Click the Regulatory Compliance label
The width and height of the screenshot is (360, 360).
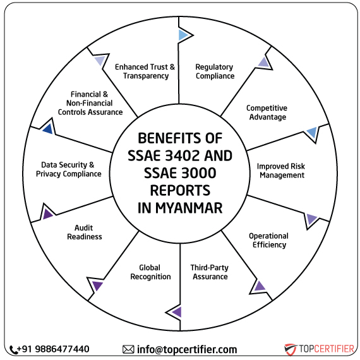point(214,71)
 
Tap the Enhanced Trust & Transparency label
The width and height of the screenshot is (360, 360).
point(145,71)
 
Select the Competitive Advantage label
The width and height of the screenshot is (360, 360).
point(267,112)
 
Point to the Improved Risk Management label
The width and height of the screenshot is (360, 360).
point(280,171)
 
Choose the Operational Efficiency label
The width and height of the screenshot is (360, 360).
point(268,240)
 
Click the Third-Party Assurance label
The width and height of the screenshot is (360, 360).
point(210,272)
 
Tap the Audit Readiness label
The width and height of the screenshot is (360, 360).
point(88,232)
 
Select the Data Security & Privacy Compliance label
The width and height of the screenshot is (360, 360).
point(68,169)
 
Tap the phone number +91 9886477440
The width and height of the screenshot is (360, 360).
point(54,349)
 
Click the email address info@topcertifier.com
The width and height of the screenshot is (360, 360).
point(187,349)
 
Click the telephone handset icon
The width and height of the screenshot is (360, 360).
point(14,349)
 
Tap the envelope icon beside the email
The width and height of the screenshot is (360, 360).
point(128,349)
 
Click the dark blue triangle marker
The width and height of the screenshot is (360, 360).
point(47,129)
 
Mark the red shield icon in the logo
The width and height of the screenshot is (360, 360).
point(291,349)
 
